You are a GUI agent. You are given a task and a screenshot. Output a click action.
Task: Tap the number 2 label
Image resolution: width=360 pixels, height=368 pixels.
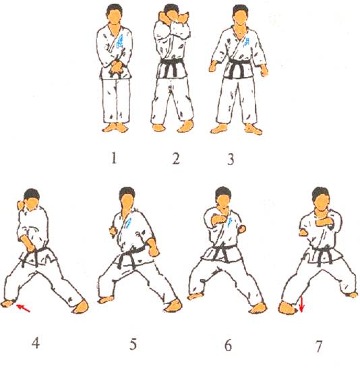click(x=176, y=158)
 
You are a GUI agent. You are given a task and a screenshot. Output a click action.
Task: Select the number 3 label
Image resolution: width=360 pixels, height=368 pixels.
click(x=231, y=159)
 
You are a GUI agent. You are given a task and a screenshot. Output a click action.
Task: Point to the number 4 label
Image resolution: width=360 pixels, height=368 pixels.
click(x=36, y=344)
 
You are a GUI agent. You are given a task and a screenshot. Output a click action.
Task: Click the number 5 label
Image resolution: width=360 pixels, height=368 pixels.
click(x=133, y=344)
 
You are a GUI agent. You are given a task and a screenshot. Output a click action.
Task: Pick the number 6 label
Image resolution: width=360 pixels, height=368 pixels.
click(x=228, y=345)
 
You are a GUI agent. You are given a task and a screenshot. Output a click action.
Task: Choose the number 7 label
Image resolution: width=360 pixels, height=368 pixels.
click(x=318, y=346)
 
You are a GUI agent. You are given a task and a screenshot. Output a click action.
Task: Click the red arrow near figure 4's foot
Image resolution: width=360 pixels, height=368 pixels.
click(x=23, y=308)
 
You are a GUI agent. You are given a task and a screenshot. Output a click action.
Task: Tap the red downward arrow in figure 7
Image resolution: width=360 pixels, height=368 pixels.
click(x=302, y=305)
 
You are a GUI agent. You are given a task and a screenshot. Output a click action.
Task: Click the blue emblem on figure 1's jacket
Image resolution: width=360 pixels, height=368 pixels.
click(x=120, y=42)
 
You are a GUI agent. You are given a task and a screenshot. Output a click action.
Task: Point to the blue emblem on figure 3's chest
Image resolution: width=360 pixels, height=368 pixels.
click(x=247, y=42)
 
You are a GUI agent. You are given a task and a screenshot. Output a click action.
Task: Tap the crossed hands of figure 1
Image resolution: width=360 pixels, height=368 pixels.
click(x=117, y=67)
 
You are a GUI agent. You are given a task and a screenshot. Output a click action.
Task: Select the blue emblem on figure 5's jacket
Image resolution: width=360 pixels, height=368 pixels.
click(x=127, y=223)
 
